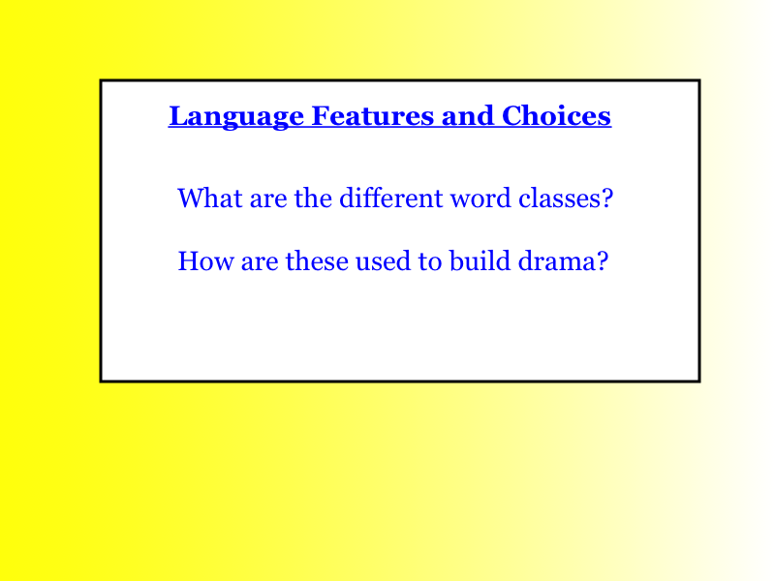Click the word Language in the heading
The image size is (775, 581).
[x=236, y=117]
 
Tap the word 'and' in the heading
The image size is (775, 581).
[x=468, y=115]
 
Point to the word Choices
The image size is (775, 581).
[x=556, y=115]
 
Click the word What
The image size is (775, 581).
[x=210, y=198]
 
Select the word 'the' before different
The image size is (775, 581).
[x=313, y=198]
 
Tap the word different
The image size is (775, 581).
[x=391, y=198]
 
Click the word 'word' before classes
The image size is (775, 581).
[x=480, y=198]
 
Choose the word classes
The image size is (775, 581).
[x=560, y=198]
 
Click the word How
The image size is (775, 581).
[x=205, y=260]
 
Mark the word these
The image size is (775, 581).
[x=317, y=260]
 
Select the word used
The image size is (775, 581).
[x=383, y=260]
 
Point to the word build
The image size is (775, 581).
[x=480, y=260]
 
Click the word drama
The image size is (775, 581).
[x=557, y=260]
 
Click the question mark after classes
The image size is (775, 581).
[x=607, y=198]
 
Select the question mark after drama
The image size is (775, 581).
[x=603, y=260]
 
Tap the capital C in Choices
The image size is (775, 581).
[x=512, y=115]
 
